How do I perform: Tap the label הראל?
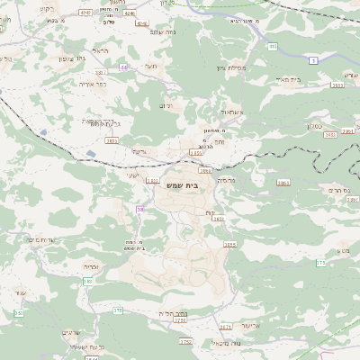click(x=102, y=52)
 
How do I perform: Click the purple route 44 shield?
click(x=123, y=67)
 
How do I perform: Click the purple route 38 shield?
click(x=140, y=209)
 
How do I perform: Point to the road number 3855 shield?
click(x=229, y=244)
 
